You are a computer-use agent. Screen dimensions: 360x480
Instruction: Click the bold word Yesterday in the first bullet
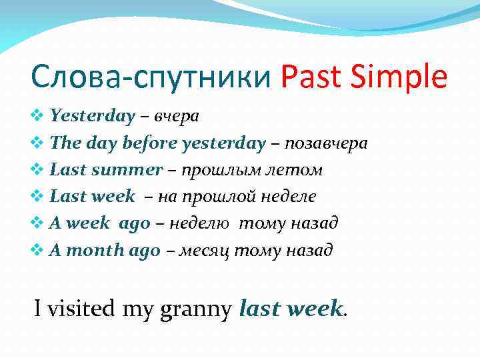pyautogui.click(x=93, y=116)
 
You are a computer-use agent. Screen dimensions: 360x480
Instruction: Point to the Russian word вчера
pyautogui.click(x=177, y=116)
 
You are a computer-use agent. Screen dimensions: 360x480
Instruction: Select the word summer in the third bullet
pyautogui.click(x=127, y=170)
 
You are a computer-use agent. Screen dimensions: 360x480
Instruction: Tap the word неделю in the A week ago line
pyautogui.click(x=201, y=223)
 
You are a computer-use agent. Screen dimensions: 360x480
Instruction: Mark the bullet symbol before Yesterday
pyautogui.click(x=38, y=117)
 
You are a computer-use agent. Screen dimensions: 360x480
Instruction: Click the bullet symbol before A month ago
pyautogui.click(x=38, y=251)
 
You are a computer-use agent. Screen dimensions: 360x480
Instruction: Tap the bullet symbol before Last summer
pyautogui.click(x=38, y=171)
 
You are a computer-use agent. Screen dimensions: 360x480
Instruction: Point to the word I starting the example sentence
pyautogui.click(x=39, y=309)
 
